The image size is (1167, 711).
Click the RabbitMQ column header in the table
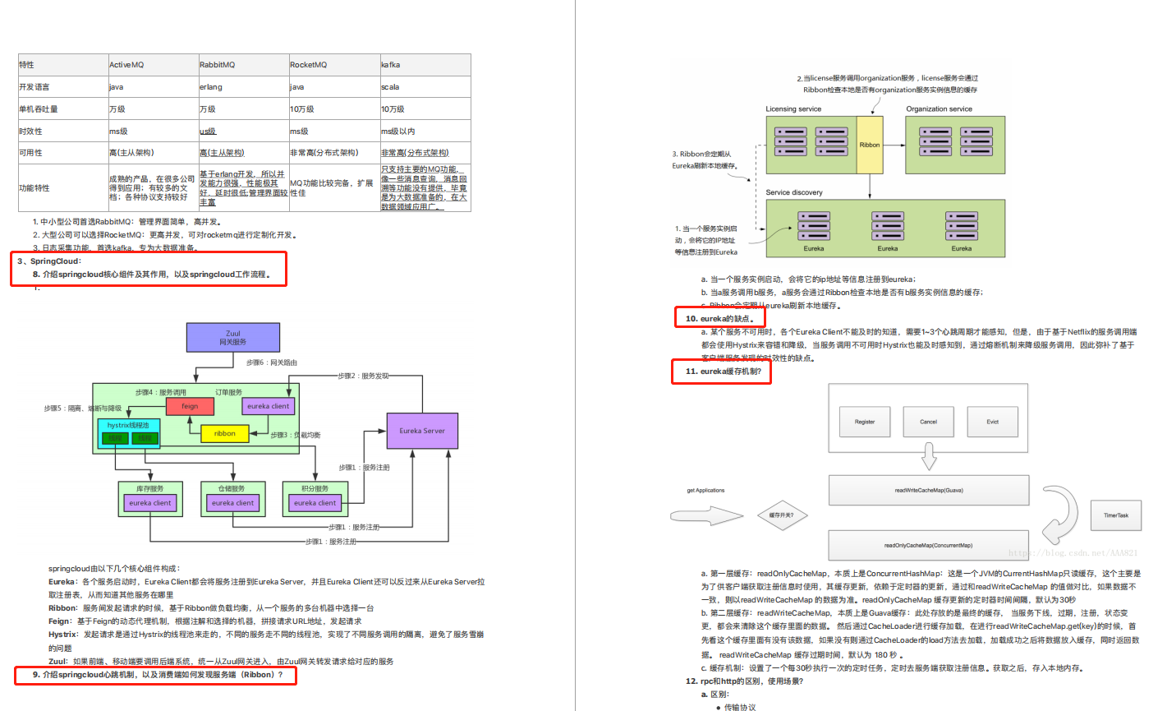pos(218,65)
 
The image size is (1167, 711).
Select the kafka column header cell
pos(391,65)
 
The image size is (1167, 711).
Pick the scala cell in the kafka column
pos(390,87)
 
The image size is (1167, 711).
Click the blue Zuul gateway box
pos(233,337)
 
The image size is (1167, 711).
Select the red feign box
pos(190,406)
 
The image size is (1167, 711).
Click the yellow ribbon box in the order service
pos(224,433)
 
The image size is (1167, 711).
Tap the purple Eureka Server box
pos(422,431)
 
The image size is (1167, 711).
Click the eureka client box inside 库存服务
pos(150,503)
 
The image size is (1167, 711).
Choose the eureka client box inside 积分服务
pos(315,503)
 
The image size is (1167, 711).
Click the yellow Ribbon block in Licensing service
pos(870,145)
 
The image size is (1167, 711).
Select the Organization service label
pos(939,108)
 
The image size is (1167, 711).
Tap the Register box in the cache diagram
pos(865,422)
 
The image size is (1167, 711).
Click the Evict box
pos(992,422)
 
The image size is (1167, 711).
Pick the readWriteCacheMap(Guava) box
pos(929,491)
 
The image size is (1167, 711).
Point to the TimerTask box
pos(1115,515)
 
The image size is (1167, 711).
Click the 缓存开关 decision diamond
pos(781,515)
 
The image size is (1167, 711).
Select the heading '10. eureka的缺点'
pos(719,318)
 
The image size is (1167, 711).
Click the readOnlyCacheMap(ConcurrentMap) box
pos(929,545)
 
